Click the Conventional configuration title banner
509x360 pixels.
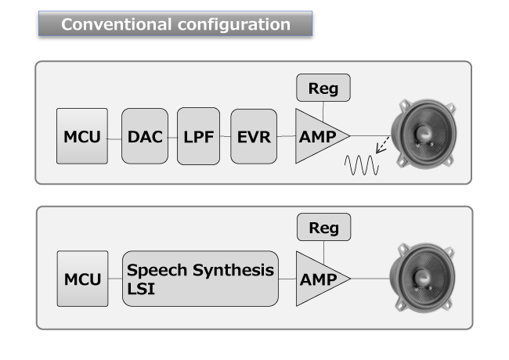click(x=175, y=23)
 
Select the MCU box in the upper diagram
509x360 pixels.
click(x=82, y=136)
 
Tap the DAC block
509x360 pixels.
click(x=145, y=136)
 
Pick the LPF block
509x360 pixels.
click(x=198, y=136)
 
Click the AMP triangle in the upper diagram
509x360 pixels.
click(x=317, y=136)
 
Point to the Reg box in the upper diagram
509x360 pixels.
click(x=323, y=88)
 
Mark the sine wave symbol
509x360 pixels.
click(x=363, y=165)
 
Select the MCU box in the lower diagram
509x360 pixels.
click(x=82, y=279)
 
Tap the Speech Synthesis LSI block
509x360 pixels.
click(x=200, y=279)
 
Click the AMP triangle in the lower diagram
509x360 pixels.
click(x=317, y=279)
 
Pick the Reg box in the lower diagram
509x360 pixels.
click(x=323, y=227)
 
